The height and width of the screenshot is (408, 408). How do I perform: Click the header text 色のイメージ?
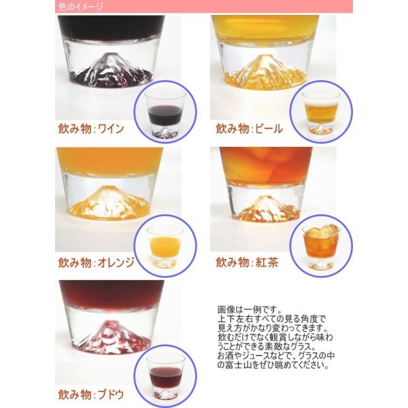coord(81,7)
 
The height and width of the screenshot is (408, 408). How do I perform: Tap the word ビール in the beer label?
coord(269,129)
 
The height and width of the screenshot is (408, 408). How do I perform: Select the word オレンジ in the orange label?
coord(116,262)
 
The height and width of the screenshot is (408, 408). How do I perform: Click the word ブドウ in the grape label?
coord(111,394)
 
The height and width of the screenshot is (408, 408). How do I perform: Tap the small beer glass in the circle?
coord(321,113)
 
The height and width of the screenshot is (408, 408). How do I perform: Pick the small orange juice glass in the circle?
coord(165,247)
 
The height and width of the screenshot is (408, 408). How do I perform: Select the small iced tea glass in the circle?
coord(321,247)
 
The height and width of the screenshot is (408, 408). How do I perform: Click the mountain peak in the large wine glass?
coord(107,54)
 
